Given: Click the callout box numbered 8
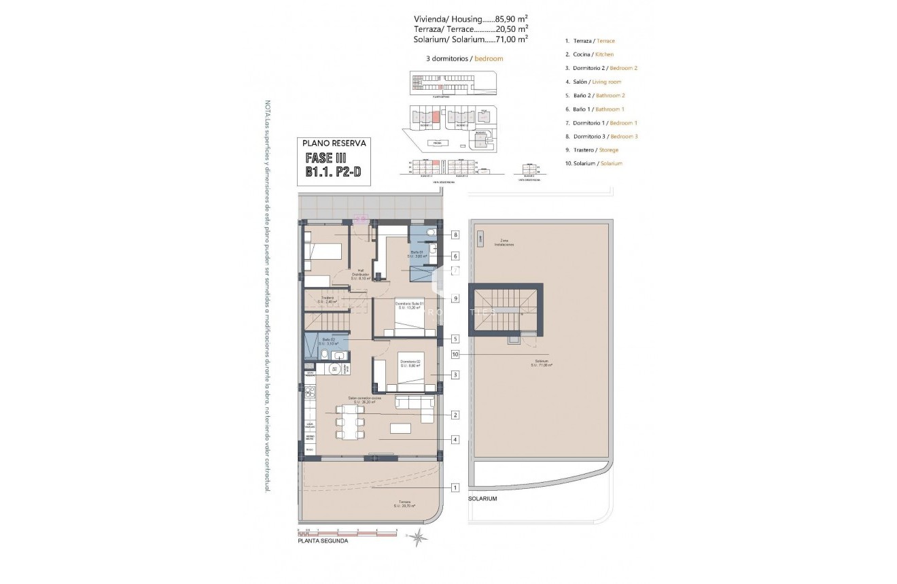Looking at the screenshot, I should pos(455,235).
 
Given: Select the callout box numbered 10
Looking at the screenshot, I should pos(455,354).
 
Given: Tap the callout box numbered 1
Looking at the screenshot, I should pos(455,487).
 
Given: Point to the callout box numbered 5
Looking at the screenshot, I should pos(455,339).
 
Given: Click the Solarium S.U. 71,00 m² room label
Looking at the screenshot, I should pos(542,363).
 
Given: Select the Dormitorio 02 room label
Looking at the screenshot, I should pos(410,363).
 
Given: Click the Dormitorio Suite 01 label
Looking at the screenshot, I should pos(411,305).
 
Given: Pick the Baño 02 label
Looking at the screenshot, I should pos(329,341).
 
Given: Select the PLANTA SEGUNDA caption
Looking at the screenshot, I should pos(323,542).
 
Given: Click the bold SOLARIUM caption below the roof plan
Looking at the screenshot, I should pos(482,499).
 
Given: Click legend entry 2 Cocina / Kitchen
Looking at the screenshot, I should pos(589,54).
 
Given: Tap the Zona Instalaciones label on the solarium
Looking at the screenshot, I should pos(504,242).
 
